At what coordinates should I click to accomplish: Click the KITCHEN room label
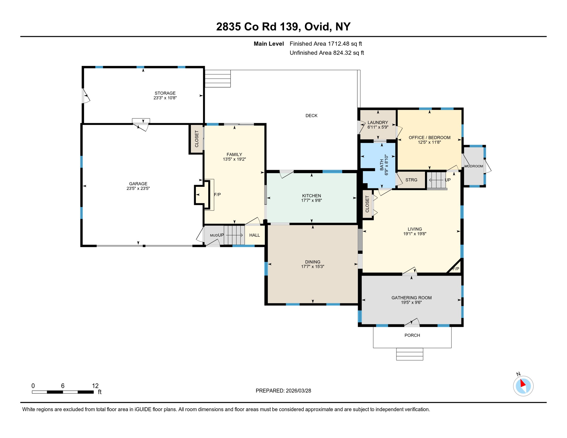coord(311,196)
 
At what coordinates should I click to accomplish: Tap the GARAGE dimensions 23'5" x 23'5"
coord(138,188)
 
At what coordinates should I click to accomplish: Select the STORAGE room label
coord(165,93)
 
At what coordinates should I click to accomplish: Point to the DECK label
coord(311,115)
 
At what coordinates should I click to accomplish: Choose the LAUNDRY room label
coord(378,122)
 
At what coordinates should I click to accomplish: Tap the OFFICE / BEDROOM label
coord(429,137)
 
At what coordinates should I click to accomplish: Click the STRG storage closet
coord(411,180)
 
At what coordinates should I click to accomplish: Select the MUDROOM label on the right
coord(473,166)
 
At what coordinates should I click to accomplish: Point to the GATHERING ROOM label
coord(411,298)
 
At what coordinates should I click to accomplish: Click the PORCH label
coord(412,335)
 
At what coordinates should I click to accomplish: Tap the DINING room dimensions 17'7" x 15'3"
coord(313,267)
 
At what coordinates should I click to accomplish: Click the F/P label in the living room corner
coord(456,269)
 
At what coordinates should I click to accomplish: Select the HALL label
coord(254,235)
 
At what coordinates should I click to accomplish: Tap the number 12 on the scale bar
coord(95,386)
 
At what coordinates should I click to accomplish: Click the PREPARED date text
coord(283,391)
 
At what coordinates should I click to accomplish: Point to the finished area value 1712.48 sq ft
coord(345,44)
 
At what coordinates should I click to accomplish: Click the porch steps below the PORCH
coord(409,354)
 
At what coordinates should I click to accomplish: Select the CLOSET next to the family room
coord(197,139)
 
